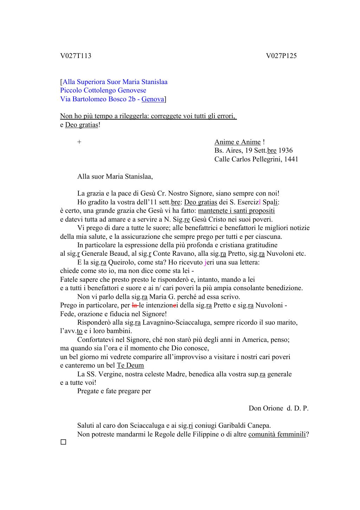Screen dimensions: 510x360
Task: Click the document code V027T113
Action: [76, 56]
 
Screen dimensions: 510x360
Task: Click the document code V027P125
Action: [281, 56]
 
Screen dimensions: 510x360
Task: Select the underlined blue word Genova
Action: [153, 99]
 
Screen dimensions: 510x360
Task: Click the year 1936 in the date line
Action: [285, 151]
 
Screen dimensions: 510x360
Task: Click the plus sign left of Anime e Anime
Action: [79, 142]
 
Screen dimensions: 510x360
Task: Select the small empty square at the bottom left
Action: [63, 442]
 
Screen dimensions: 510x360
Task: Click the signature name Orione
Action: [271, 408]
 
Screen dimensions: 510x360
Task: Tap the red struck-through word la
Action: [134, 305]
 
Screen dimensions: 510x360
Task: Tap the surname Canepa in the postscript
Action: [259, 426]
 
